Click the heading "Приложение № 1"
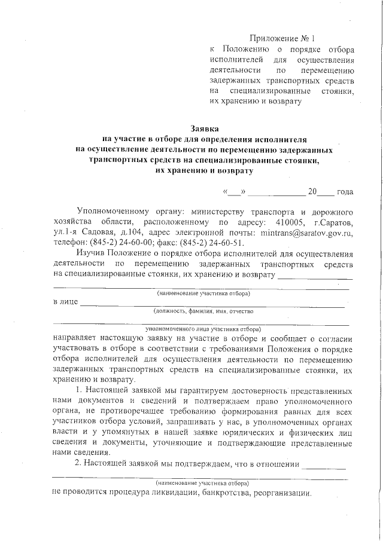click(x=280, y=37)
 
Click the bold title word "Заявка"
click(x=205, y=127)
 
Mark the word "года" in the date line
click(x=345, y=192)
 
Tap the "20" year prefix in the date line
click(x=312, y=192)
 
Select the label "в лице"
click(x=65, y=301)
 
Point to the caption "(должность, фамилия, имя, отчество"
click(x=203, y=311)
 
